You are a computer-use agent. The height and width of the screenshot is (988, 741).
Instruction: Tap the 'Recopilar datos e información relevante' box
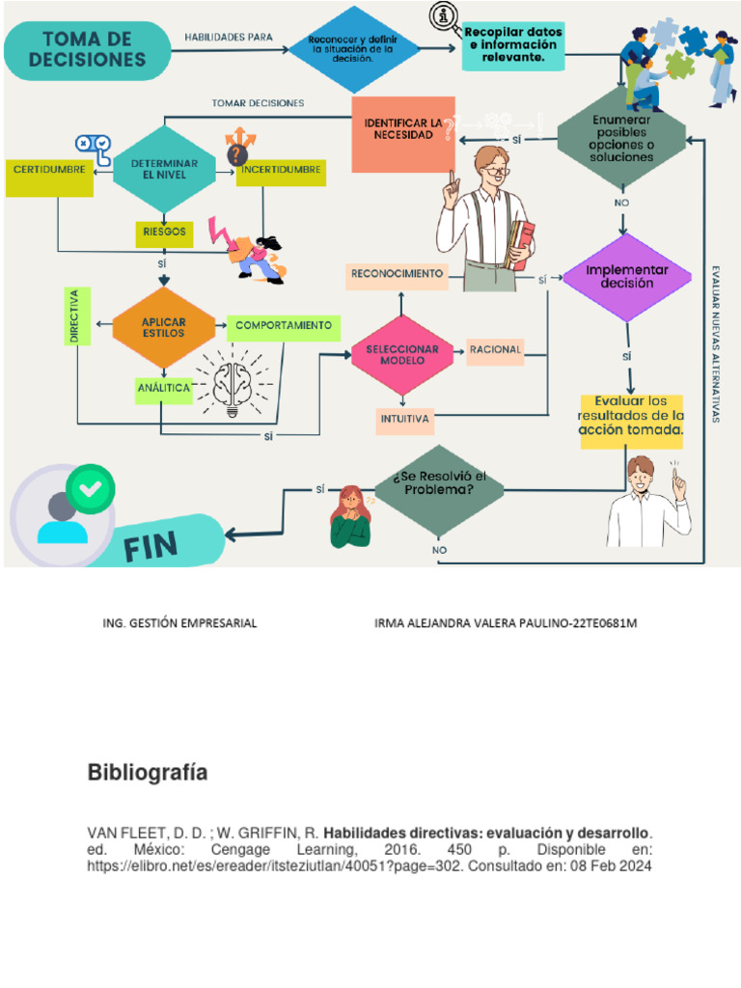coord(512,45)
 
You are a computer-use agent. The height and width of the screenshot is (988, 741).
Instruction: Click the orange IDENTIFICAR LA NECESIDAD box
coord(403,133)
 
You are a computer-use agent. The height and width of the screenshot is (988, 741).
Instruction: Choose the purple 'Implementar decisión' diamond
coord(627,278)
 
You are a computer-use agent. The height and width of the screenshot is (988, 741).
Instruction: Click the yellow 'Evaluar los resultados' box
coord(631,416)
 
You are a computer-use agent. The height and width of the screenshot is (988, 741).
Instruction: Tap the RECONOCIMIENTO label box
coord(397,275)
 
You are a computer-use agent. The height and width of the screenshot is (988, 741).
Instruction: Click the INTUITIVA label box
coord(404,420)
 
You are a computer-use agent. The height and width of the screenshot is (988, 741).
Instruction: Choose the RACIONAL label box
coord(496,350)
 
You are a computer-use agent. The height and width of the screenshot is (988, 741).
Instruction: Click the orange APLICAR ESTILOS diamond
coord(163,327)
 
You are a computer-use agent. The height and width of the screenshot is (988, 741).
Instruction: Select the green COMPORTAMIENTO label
coord(283,326)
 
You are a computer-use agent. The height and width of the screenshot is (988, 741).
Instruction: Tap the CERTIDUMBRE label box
coord(49,171)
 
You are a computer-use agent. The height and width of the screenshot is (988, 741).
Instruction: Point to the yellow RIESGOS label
coord(162,233)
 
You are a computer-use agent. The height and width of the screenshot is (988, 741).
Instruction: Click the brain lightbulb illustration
coord(232,382)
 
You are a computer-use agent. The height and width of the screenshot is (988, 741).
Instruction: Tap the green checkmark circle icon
coord(90,489)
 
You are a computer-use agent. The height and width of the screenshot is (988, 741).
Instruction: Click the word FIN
coord(151,548)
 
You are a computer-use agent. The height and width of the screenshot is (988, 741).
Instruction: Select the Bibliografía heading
coord(147,773)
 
